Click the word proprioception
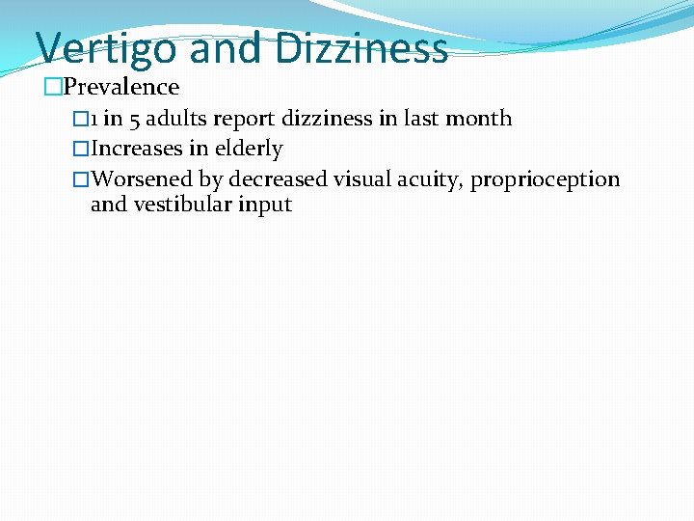546,180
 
